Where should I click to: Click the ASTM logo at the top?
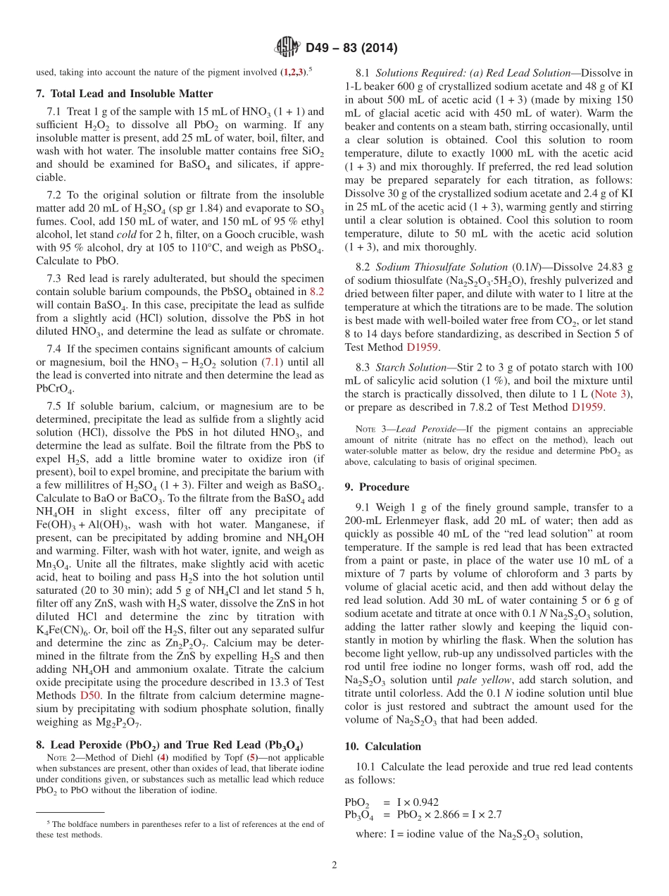point(287,48)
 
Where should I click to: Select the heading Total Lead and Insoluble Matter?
point(131,94)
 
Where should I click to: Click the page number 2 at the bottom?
point(334,865)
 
